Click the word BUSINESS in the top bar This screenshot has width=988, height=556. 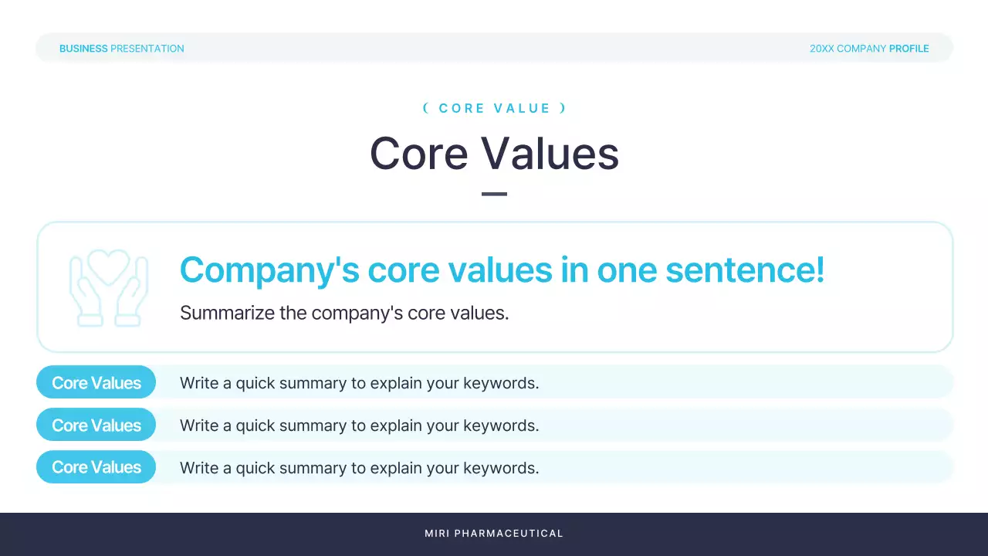[83, 49]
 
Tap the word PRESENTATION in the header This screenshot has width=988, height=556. [147, 49]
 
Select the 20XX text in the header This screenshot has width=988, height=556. [822, 49]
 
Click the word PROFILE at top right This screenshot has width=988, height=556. [909, 49]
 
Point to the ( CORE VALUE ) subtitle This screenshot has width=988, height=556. [495, 108]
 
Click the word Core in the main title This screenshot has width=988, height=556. [419, 154]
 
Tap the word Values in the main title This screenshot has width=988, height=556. [550, 154]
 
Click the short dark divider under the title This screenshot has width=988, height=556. [494, 194]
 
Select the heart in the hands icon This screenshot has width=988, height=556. [109, 266]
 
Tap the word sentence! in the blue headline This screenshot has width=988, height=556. [745, 270]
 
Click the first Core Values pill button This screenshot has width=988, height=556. [96, 382]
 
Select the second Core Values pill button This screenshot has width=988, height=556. [96, 425]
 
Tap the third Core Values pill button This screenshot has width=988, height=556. [96, 467]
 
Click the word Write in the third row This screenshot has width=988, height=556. [199, 468]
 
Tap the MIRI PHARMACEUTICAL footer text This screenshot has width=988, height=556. [494, 534]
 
